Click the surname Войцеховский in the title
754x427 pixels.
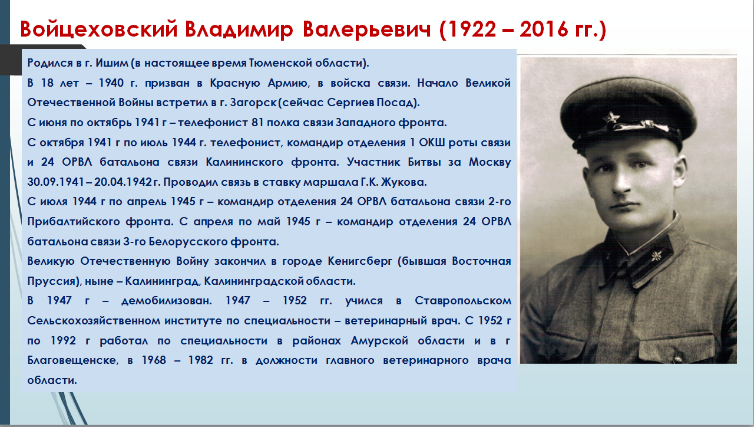98,29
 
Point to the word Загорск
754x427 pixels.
253,103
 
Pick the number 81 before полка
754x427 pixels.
257,122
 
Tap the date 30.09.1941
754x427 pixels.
55,182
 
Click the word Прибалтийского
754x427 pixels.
74,222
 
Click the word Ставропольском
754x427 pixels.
463,301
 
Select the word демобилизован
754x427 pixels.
167,301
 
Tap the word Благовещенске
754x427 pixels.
72,360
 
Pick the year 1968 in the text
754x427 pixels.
154,360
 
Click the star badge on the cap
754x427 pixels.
611,118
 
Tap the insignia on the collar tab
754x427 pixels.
656,257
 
